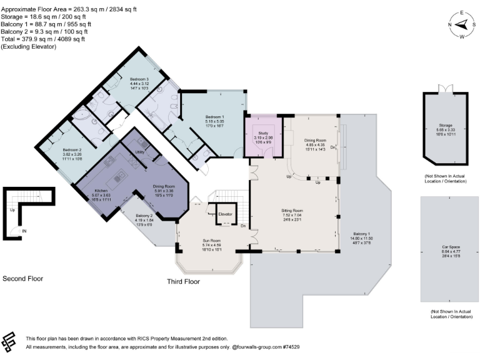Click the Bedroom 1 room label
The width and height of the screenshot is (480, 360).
214,117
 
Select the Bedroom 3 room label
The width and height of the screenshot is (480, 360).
139,79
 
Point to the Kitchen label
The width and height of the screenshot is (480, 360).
101,190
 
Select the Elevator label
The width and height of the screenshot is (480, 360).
225,214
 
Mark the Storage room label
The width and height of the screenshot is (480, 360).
446,126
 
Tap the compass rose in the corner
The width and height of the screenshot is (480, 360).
462,24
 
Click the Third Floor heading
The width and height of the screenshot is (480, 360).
183,282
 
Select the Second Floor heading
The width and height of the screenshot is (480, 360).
23,278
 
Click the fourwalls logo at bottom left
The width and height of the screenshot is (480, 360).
11,342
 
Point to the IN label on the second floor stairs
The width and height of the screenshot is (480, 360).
24,231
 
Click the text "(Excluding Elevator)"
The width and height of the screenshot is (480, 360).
29,46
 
